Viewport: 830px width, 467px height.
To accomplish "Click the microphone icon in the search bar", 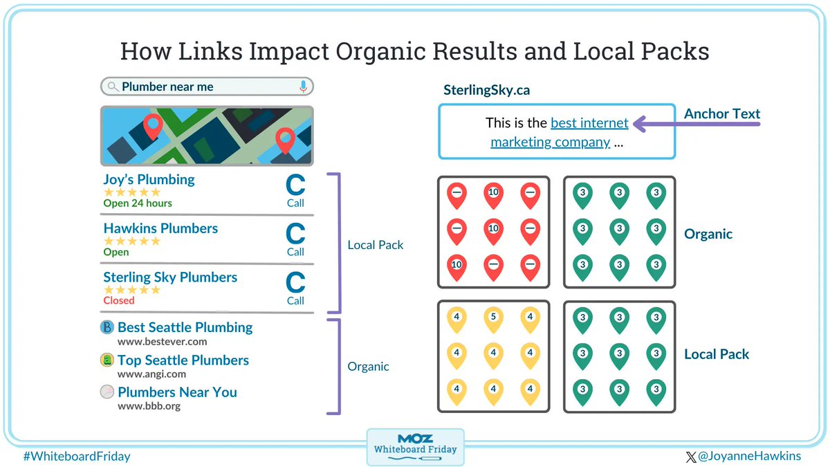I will coord(303,86).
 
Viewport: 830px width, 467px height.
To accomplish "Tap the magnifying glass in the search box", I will coord(113,87).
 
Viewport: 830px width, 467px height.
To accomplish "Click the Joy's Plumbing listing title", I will coord(149,180).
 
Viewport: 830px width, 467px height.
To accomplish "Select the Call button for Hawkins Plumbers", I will coord(295,239).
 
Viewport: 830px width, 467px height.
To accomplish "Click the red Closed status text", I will coord(119,301).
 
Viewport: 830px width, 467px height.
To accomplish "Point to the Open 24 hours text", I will coord(138,203).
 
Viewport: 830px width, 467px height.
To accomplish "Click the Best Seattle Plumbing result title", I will coord(185,327).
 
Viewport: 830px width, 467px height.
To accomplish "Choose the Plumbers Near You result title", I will coord(177,392).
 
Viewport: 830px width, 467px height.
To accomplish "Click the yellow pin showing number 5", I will coord(493,318).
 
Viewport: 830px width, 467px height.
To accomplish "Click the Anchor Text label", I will coord(722,114).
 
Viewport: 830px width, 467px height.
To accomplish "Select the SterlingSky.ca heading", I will coord(486,91).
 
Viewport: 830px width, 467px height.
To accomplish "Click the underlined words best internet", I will coord(589,124).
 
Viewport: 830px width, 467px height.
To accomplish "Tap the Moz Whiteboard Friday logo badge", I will coord(415,447).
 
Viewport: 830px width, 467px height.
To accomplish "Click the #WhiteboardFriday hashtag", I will coord(76,457).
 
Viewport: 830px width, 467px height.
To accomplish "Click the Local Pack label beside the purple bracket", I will coord(376,245).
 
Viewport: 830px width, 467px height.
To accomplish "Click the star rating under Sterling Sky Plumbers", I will coord(131,290).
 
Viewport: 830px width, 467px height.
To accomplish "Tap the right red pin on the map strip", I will coord(284,140).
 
